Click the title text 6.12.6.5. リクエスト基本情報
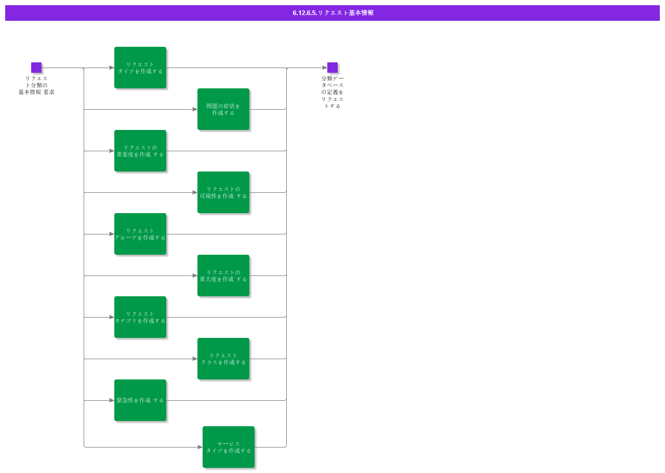click(333, 13)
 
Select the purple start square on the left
click(36, 68)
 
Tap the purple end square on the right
click(332, 68)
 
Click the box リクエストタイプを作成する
click(140, 68)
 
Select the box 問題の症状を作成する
click(223, 109)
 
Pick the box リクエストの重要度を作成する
click(140, 151)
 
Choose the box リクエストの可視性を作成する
click(223, 192)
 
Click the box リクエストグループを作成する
click(140, 234)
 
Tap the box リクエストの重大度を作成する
click(223, 275)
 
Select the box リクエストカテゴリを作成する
click(140, 317)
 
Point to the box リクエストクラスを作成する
click(223, 359)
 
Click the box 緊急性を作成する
click(140, 400)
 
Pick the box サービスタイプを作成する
click(229, 447)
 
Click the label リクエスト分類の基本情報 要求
click(36, 85)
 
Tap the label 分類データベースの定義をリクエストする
click(332, 92)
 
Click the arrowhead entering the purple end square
click(325, 68)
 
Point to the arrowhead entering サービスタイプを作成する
click(200, 447)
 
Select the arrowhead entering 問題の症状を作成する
click(195, 109)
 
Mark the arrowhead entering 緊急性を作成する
click(112, 401)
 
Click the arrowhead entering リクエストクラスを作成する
click(195, 359)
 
